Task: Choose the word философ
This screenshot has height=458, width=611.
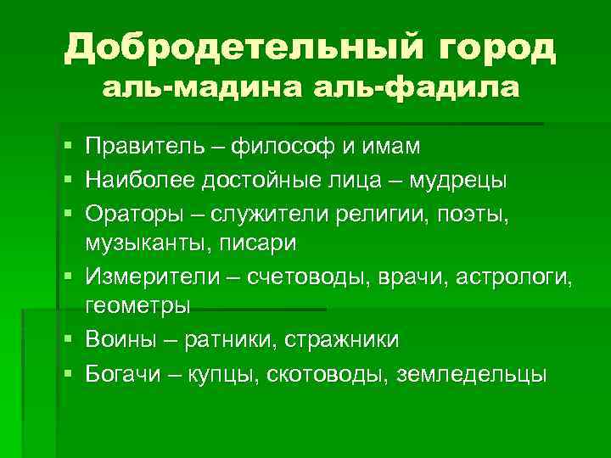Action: point(282,148)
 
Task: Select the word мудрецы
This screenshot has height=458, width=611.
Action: point(458,180)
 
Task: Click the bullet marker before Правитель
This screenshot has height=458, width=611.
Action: point(67,148)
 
